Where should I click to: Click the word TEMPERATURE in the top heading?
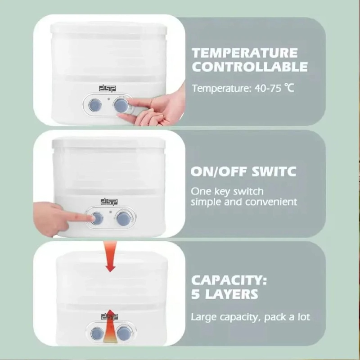click(x=245, y=53)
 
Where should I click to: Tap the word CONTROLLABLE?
click(x=250, y=67)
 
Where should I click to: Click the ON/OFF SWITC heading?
click(x=243, y=171)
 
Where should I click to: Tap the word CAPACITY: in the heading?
click(x=229, y=280)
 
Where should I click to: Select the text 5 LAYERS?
click(x=225, y=294)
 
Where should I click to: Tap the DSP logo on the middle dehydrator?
click(x=108, y=202)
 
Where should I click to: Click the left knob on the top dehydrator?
click(x=95, y=105)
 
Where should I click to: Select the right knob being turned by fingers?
click(x=121, y=106)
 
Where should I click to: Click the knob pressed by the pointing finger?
click(x=97, y=219)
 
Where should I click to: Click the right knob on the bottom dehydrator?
click(x=123, y=333)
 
